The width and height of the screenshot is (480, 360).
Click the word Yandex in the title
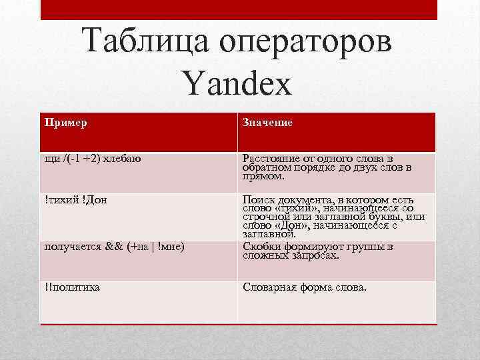click(x=237, y=85)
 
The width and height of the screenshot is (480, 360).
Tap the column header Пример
click(x=66, y=123)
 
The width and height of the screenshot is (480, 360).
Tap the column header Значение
click(x=267, y=123)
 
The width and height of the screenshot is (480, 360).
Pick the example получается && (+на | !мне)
click(x=114, y=247)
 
